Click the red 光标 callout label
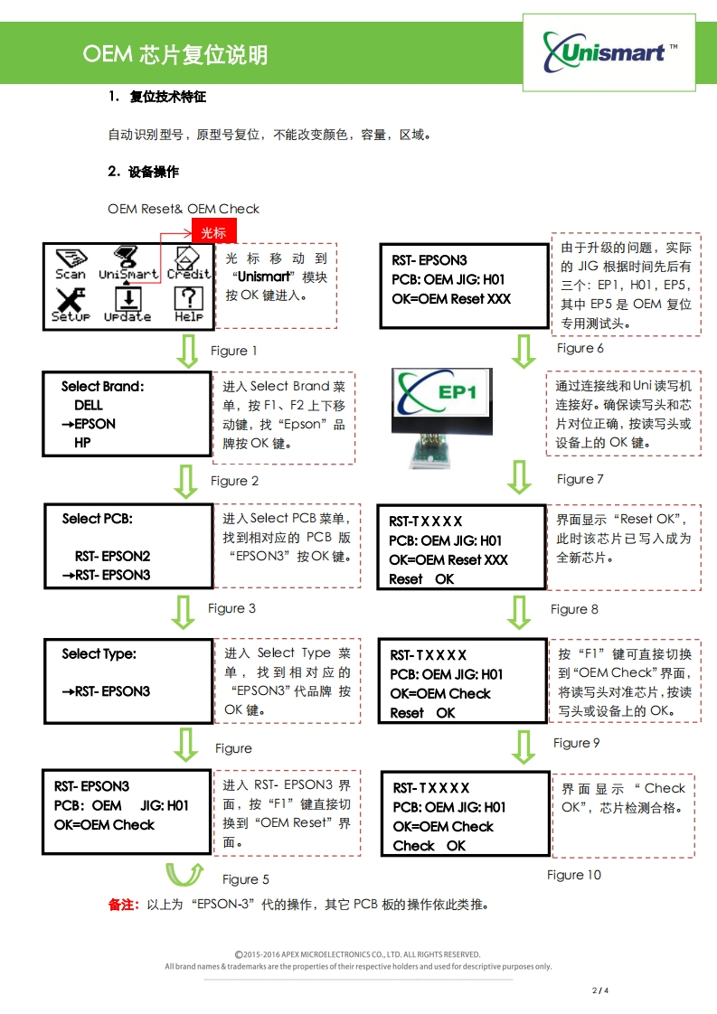click(213, 232)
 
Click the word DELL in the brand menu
click(89, 406)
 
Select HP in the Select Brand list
click(82, 443)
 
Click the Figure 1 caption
click(234, 351)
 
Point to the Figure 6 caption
click(580, 348)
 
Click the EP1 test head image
click(441, 417)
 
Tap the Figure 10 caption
click(573, 875)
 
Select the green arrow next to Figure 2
click(186, 481)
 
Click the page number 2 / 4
click(600, 991)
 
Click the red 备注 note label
click(124, 905)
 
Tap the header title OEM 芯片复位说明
click(175, 55)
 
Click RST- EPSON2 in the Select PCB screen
click(112, 556)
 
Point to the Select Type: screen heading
click(99, 653)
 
